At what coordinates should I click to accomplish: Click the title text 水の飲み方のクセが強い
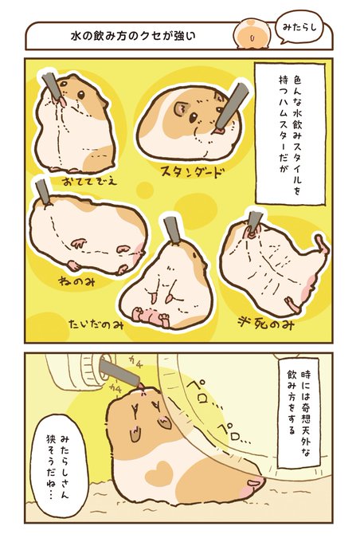pos(133,36)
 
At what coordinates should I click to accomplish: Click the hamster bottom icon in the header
pos(251,33)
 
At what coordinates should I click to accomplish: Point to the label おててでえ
pos(90,181)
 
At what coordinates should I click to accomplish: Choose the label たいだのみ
pos(96,324)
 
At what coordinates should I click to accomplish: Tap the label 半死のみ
pos(266,324)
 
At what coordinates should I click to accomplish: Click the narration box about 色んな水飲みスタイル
pos(290,133)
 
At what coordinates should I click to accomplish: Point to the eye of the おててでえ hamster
pos(81,95)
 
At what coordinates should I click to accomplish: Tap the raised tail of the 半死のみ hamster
pos(322,244)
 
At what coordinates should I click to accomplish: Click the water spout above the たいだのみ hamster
pos(171,230)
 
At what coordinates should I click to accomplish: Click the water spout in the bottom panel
pos(120,373)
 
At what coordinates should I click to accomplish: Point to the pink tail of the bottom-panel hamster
pos(255,481)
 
